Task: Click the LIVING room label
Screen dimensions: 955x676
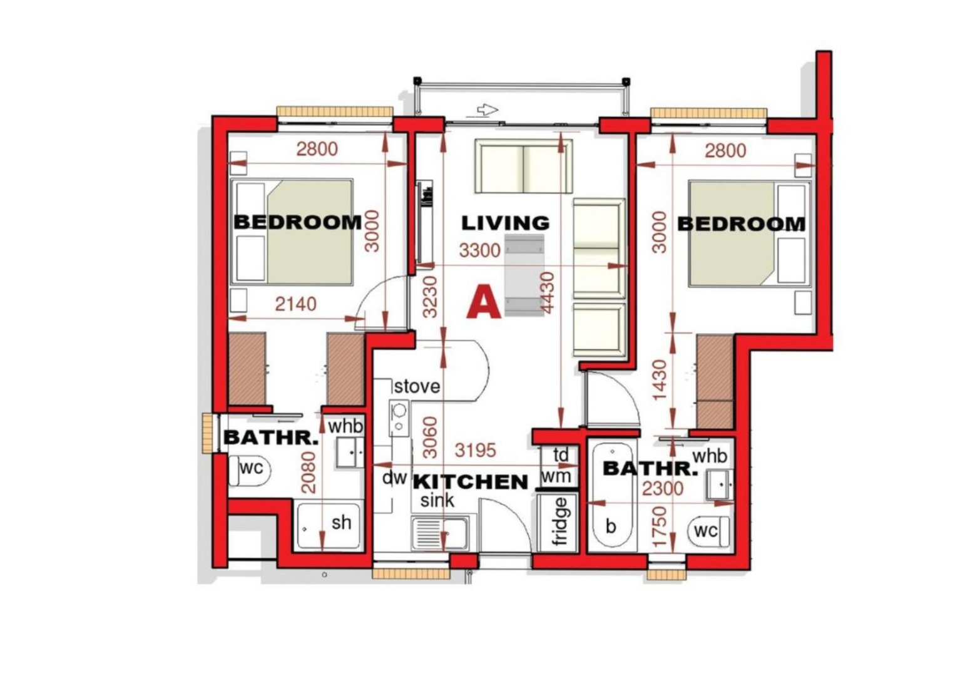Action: coord(506,223)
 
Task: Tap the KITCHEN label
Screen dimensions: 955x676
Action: coord(471,482)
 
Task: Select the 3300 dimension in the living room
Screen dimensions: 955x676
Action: coord(479,250)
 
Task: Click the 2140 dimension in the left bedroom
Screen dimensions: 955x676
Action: coord(296,304)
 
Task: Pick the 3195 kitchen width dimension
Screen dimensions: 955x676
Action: coord(476,451)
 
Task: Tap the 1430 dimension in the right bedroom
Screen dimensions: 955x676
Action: coord(660,379)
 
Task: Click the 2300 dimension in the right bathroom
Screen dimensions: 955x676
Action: coord(663,489)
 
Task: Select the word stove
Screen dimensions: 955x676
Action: coord(417,386)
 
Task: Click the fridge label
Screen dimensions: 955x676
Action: coord(560,521)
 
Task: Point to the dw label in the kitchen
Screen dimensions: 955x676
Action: coord(394,478)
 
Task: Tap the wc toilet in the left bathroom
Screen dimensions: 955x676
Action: coord(248,471)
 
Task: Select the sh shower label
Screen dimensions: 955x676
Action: coord(342,523)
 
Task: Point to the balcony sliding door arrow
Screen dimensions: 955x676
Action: coord(488,110)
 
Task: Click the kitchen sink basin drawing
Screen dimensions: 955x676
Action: coord(439,533)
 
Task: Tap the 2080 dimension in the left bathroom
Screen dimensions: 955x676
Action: coord(309,473)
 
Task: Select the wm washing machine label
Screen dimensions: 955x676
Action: coord(556,476)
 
